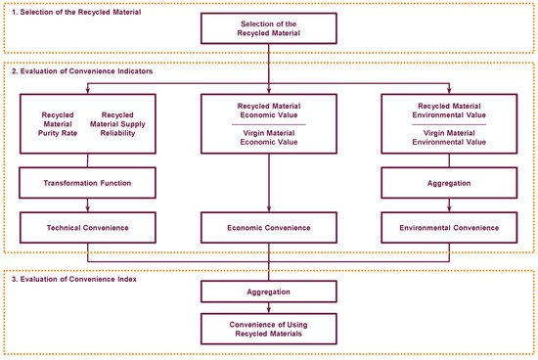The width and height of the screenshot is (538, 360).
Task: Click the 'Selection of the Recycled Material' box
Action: click(x=269, y=28)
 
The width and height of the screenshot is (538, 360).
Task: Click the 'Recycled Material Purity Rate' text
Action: click(x=58, y=126)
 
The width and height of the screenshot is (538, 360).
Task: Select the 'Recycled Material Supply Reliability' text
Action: click(x=118, y=126)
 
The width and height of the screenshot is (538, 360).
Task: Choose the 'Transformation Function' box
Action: click(x=88, y=182)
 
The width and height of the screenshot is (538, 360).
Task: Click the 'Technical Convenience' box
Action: click(x=88, y=227)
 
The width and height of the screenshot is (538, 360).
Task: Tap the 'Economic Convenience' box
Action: click(x=269, y=227)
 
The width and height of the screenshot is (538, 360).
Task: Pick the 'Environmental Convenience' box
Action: click(x=449, y=227)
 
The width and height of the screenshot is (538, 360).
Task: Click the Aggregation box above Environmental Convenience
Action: click(x=449, y=182)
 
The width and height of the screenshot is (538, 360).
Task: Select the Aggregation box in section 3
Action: click(x=269, y=292)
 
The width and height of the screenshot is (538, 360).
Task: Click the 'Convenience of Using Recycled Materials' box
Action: click(x=269, y=327)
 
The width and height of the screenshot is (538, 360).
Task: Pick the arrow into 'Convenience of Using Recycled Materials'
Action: click(x=269, y=306)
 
